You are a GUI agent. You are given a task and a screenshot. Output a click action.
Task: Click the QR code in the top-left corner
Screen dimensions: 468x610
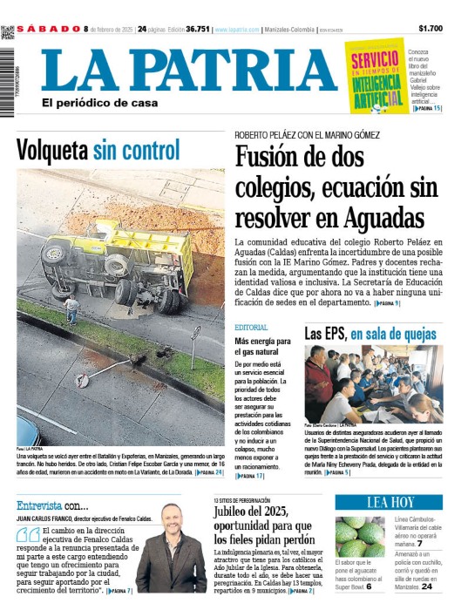(x=7, y=32)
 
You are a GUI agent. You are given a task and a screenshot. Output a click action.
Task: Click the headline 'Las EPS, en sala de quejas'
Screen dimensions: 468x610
(x=370, y=333)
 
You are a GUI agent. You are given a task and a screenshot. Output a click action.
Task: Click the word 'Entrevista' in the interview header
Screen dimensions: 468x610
(x=38, y=505)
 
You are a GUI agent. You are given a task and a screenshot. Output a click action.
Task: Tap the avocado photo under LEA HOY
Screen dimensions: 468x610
(x=359, y=536)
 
